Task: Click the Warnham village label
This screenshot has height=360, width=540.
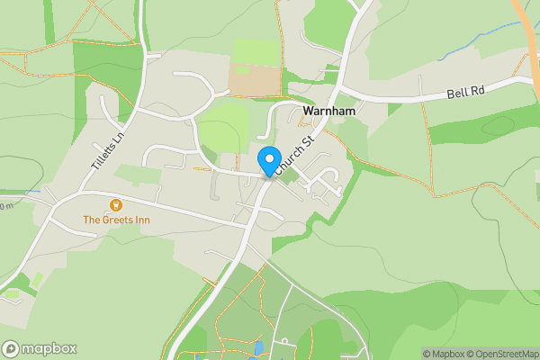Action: [x=331, y=112]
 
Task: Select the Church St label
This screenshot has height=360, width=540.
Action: [x=295, y=154]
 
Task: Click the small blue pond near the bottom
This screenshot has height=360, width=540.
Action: [x=259, y=346]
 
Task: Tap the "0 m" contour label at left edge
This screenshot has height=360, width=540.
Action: [x=6, y=207]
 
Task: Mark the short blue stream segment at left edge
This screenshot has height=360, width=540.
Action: [x=31, y=191]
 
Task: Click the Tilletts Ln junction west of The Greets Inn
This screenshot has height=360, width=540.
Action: [x=78, y=193]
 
